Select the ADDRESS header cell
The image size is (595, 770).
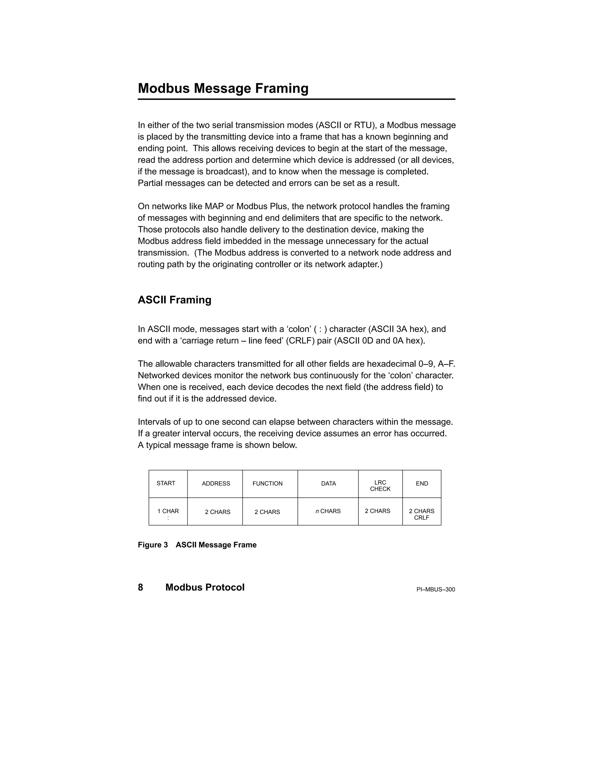click(216, 484)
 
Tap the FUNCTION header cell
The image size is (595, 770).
click(267, 484)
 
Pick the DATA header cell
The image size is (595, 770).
click(328, 484)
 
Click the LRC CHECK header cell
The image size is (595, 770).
click(380, 486)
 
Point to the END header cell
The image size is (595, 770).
click(422, 484)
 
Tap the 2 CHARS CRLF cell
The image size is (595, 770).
click(421, 514)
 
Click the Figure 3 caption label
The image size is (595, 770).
click(153, 545)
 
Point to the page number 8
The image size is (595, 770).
click(140, 587)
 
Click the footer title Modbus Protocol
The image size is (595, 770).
click(205, 587)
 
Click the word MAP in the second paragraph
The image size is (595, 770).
click(214, 206)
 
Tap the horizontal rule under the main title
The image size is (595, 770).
click(296, 99)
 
